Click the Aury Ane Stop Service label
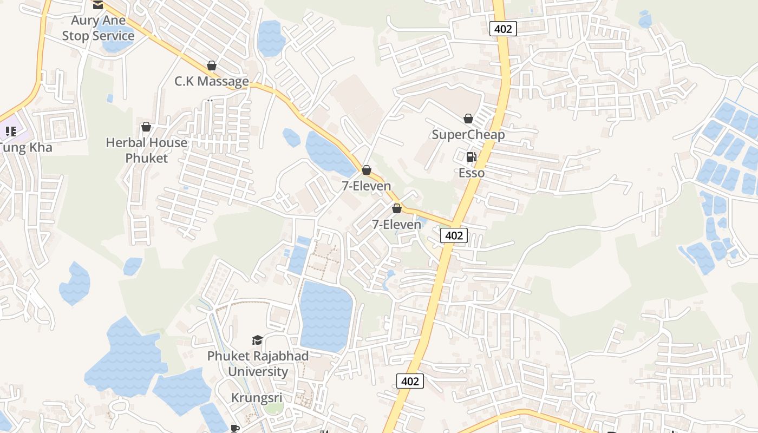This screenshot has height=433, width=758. (x=98, y=28)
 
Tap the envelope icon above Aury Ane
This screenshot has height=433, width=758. (x=97, y=5)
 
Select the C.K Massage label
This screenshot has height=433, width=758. (x=212, y=81)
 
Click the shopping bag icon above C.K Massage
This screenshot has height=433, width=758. (x=212, y=65)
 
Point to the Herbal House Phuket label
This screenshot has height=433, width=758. (x=147, y=150)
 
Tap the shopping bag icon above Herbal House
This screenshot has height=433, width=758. (x=146, y=127)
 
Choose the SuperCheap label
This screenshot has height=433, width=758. (x=468, y=134)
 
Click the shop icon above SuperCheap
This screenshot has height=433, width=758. (x=468, y=118)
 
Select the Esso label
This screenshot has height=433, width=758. (x=472, y=173)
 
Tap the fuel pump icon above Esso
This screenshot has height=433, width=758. (x=471, y=157)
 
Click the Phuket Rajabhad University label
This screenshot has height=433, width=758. (x=258, y=364)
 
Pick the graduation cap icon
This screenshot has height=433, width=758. (x=257, y=340)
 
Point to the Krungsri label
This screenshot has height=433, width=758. (x=257, y=398)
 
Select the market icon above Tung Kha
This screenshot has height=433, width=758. (x=10, y=131)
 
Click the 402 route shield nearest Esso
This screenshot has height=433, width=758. (x=454, y=235)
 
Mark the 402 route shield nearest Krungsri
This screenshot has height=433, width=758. (x=410, y=381)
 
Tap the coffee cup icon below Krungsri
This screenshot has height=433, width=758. (x=234, y=428)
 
